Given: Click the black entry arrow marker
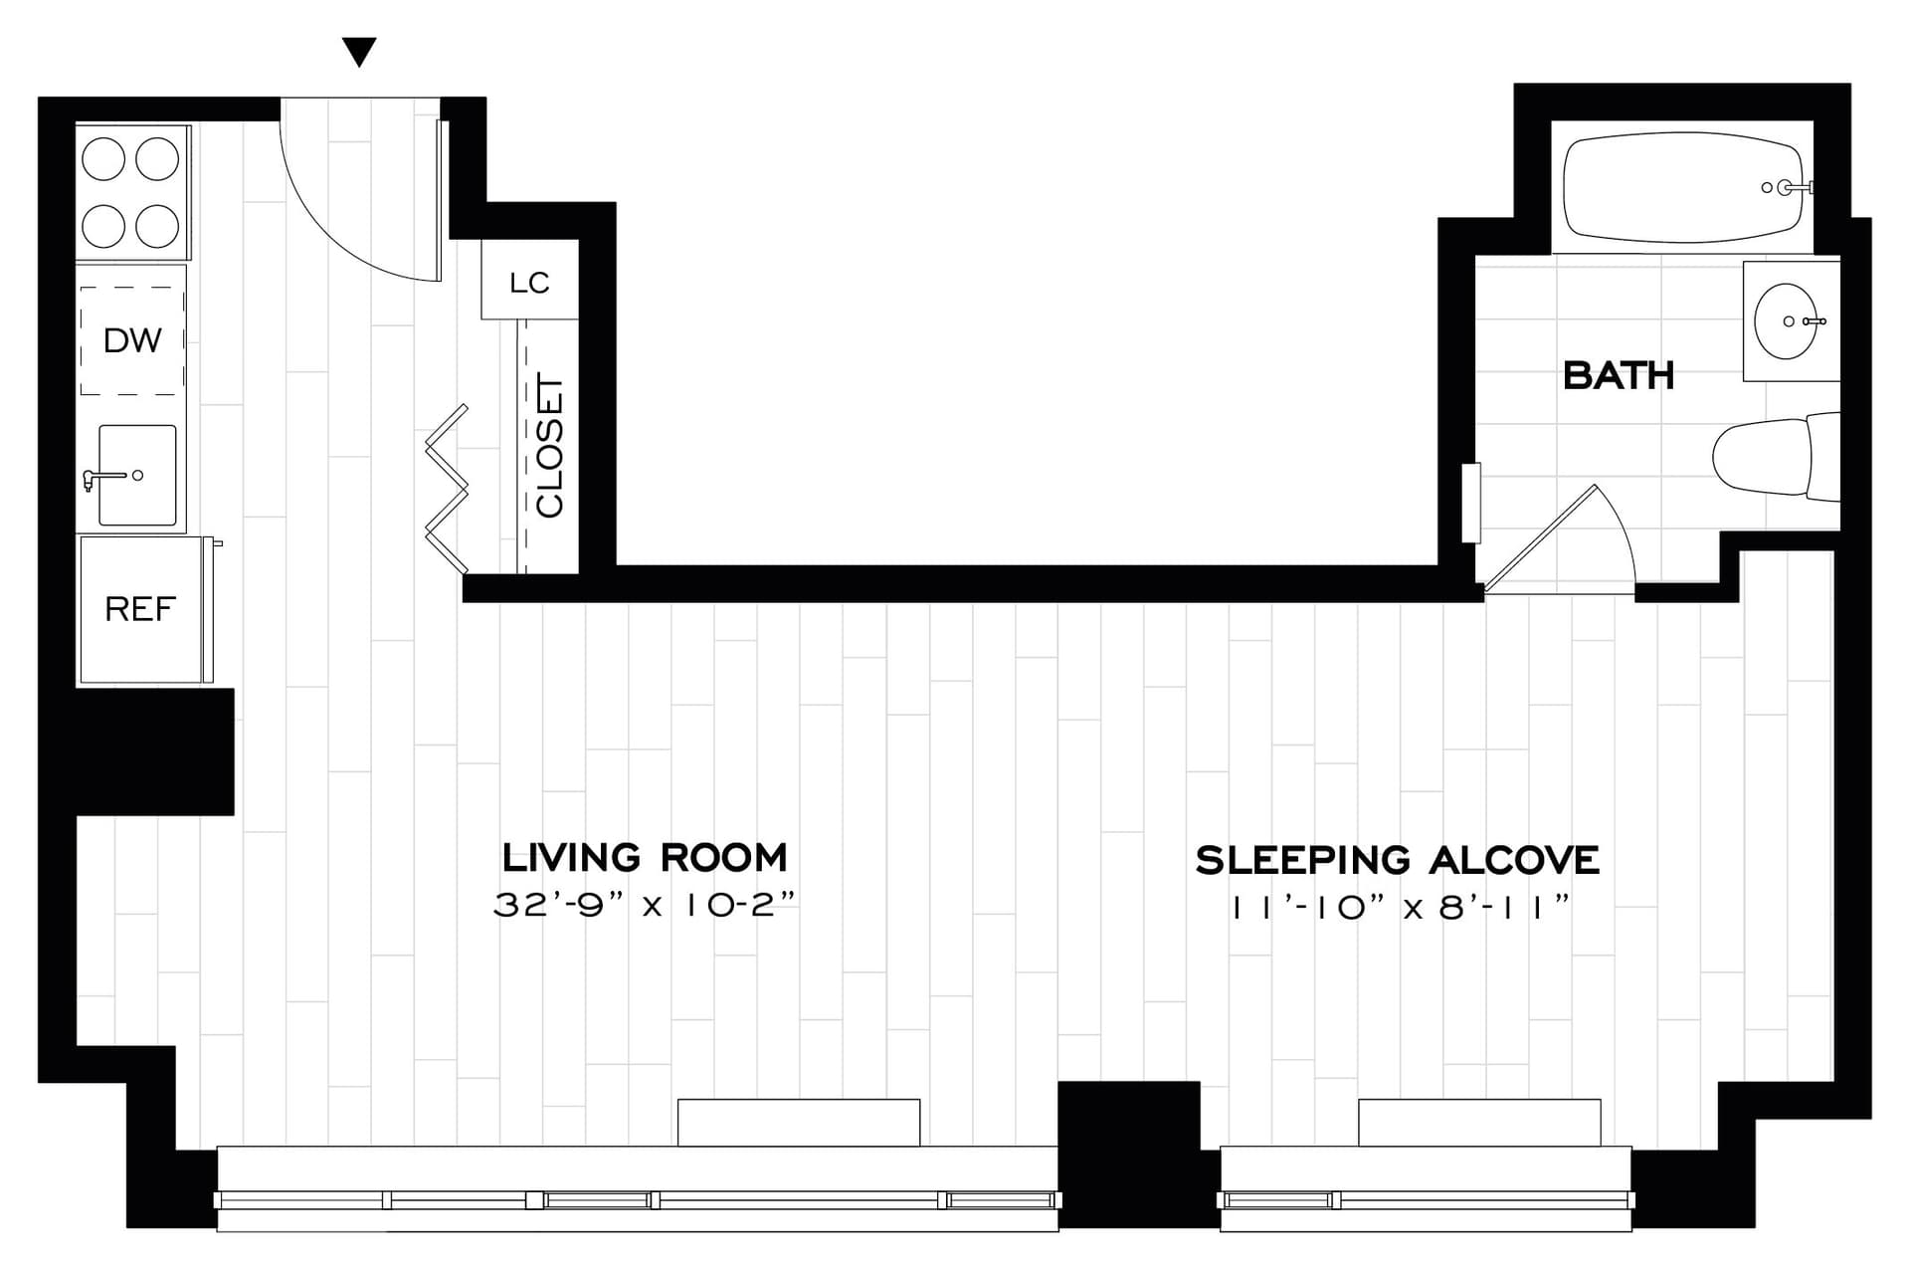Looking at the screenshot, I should [x=359, y=52].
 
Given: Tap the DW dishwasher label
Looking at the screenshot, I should [x=131, y=340].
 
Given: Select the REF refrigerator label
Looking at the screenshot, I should [x=139, y=608].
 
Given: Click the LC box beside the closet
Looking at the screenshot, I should [x=529, y=282].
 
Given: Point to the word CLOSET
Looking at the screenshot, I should [x=550, y=445].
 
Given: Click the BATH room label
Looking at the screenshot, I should [x=1619, y=375].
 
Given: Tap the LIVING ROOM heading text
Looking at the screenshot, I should [x=645, y=857].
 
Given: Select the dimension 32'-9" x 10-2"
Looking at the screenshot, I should [x=645, y=905].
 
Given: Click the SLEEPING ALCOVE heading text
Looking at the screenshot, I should [x=1397, y=860].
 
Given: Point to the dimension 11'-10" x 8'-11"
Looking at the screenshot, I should [x=1400, y=908].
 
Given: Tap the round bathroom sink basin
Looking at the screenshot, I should [x=1785, y=320].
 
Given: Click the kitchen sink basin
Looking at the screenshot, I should [x=137, y=476].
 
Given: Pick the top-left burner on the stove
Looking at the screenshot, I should [x=103, y=158].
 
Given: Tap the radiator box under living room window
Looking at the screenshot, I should [x=798, y=1122].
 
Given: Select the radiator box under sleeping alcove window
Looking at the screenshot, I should [x=1479, y=1122].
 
